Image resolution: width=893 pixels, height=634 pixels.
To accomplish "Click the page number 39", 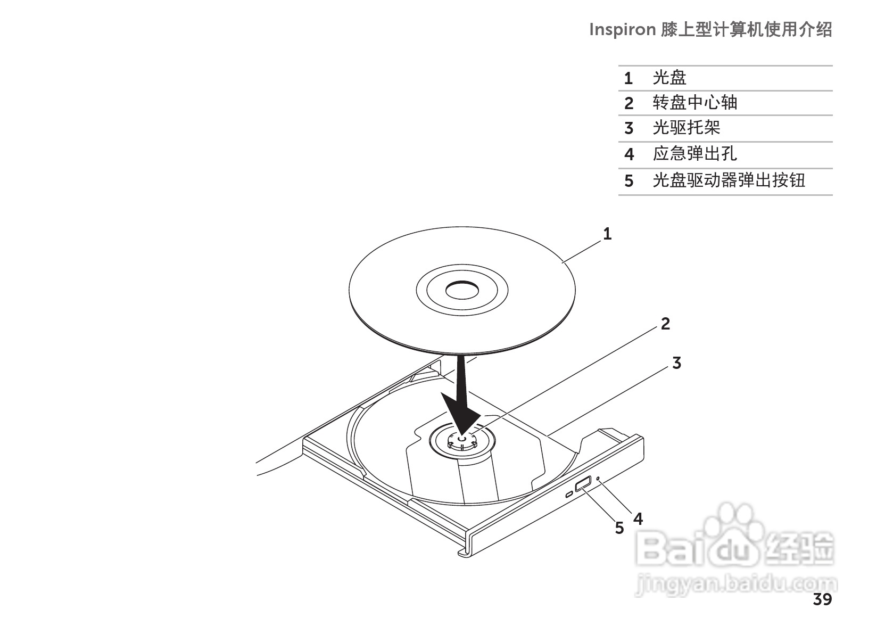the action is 822,600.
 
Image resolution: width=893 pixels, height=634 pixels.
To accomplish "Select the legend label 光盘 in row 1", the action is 669,78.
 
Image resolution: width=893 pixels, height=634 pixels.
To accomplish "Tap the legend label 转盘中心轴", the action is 694,103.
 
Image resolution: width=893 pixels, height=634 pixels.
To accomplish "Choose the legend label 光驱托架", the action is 687,128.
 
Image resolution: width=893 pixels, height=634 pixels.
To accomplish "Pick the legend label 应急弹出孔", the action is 694,154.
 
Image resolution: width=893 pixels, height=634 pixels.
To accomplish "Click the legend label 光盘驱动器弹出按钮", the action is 729,180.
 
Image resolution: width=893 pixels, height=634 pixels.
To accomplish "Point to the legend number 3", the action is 629,128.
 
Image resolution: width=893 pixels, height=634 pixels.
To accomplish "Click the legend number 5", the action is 629,181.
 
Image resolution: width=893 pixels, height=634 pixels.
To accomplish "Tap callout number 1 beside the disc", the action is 607,234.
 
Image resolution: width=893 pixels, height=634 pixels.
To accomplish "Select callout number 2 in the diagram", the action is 665,323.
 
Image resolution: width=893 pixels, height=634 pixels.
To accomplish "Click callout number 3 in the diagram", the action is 676,363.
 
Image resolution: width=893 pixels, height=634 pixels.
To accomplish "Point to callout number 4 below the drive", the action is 638,518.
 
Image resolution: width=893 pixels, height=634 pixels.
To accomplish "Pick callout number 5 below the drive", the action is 619,528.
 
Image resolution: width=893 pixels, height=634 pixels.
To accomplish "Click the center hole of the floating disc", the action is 462,291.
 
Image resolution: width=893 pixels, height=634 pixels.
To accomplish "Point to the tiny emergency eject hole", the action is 599,478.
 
